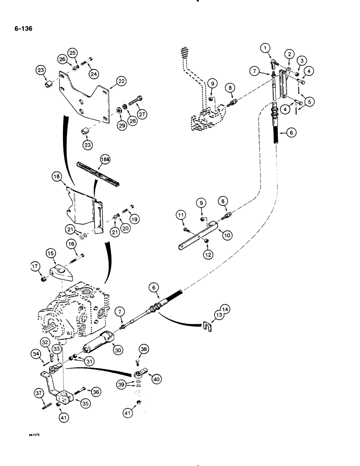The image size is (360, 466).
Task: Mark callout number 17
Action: tap(35, 267)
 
